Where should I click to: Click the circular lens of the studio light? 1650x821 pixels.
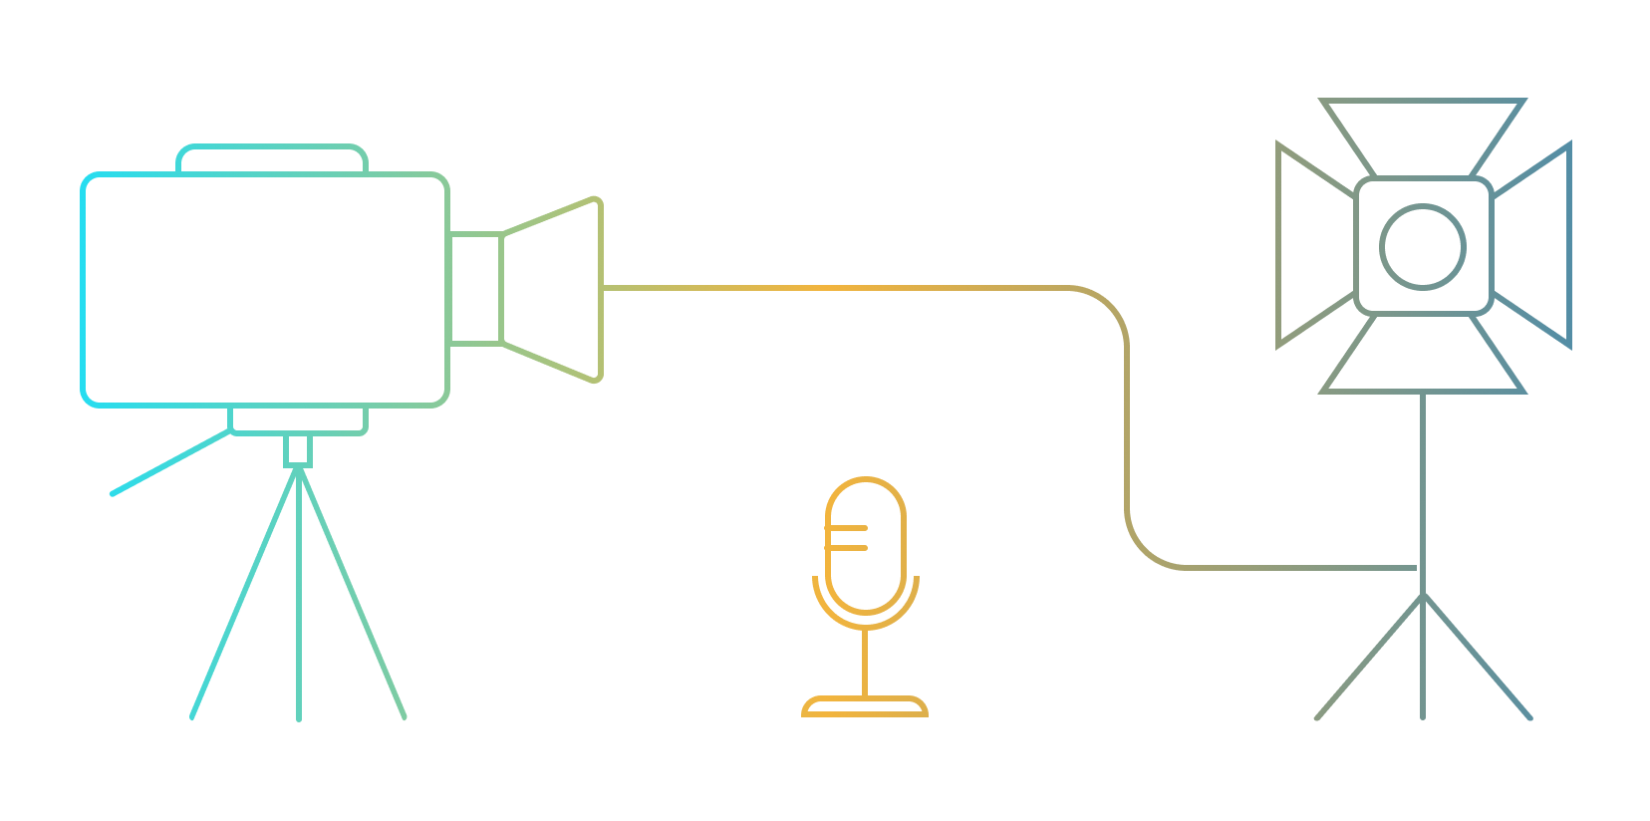click(1423, 246)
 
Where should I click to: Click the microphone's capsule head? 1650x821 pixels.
click(865, 543)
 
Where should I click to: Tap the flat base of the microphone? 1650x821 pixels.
click(865, 706)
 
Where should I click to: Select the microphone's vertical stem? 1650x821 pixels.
click(865, 663)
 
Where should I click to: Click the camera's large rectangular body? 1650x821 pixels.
click(265, 289)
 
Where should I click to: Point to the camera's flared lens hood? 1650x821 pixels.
click(554, 289)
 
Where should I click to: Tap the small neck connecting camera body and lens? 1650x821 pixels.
click(475, 289)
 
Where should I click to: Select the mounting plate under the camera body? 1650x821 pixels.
click(298, 419)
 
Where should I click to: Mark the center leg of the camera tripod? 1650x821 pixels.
click(299, 598)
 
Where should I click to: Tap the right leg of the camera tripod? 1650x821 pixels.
click(353, 598)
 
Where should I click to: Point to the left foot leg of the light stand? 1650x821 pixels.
click(1368, 658)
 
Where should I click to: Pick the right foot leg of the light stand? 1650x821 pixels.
click(1478, 658)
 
